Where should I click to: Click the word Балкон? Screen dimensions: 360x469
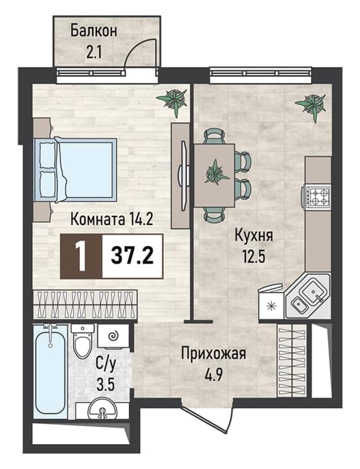pyautogui.click(x=94, y=31)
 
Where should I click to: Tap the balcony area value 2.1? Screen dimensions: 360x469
pyautogui.click(x=94, y=52)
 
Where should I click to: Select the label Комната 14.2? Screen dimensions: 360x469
pyautogui.click(x=112, y=220)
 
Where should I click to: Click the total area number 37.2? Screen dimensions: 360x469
pyautogui.click(x=132, y=257)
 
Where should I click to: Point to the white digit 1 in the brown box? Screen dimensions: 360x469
pyautogui.click(x=80, y=257)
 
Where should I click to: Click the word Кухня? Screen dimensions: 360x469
pyautogui.click(x=254, y=234)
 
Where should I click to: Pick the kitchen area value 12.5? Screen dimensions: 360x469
pyautogui.click(x=254, y=257)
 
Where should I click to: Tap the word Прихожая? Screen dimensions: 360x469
pyautogui.click(x=214, y=354)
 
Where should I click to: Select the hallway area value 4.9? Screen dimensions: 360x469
pyautogui.click(x=213, y=375)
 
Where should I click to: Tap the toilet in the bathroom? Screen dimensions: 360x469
pyautogui.click(x=82, y=342)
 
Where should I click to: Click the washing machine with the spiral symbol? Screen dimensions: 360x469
pyautogui.click(x=113, y=336)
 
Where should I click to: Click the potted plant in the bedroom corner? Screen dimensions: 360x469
pyautogui.click(x=173, y=100)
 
